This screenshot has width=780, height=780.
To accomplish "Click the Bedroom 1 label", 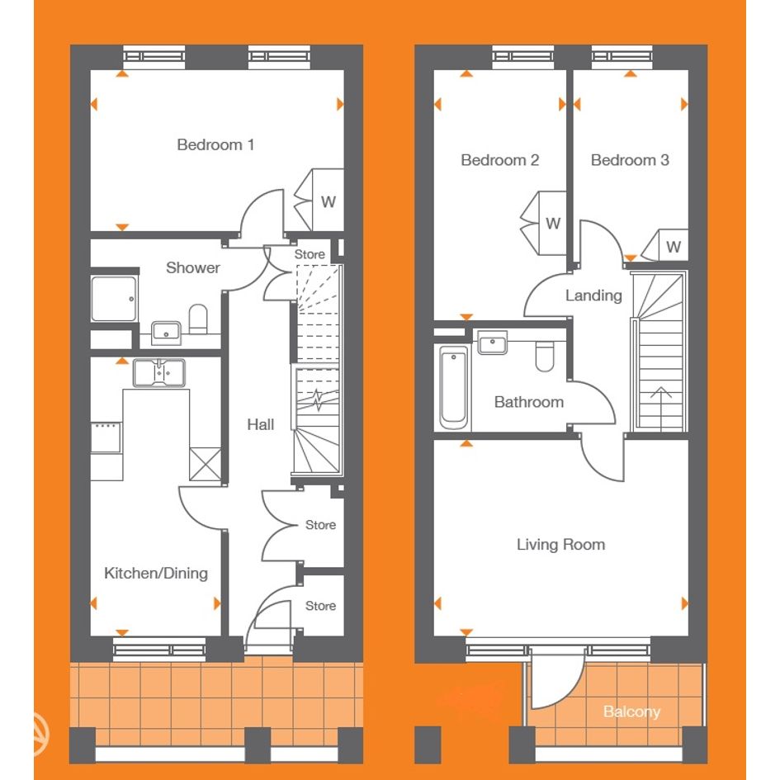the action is click(215, 144).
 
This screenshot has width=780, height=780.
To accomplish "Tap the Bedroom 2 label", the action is click(500, 160).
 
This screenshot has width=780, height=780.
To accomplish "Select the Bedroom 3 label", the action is click(630, 160).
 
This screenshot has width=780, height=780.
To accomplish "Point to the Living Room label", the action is click(560, 545).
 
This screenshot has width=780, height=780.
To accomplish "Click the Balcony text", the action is click(631, 711).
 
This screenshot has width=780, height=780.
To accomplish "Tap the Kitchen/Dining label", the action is click(156, 573).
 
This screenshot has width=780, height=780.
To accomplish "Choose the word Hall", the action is click(261, 424).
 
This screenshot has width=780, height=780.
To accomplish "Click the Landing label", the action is click(593, 295).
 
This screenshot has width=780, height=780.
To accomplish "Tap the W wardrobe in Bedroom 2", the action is click(544, 224).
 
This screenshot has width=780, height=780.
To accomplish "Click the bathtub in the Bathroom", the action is click(454, 387).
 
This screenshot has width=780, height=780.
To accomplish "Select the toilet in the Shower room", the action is click(198, 319).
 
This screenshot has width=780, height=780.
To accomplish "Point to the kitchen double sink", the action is click(159, 372).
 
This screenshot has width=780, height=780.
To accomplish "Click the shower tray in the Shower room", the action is click(114, 299).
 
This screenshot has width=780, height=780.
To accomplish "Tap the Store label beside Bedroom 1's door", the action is click(310, 254).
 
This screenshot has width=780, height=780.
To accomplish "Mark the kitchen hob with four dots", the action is click(106, 437).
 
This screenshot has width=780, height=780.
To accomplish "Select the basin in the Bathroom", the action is click(493, 343).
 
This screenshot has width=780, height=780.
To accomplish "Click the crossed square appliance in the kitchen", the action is click(206, 464).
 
